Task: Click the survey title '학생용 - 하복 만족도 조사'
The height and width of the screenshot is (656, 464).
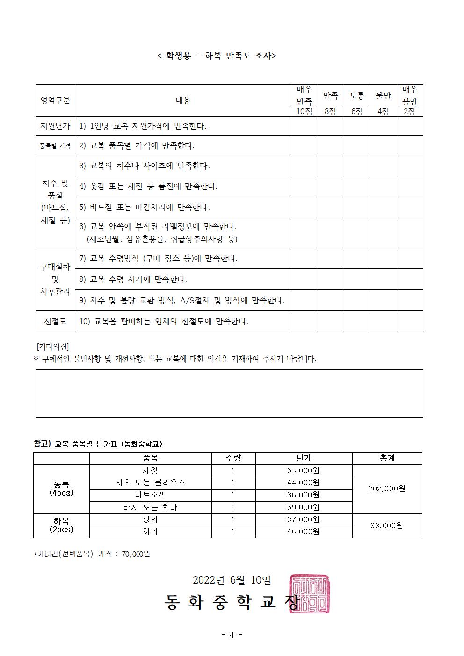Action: (x=217, y=56)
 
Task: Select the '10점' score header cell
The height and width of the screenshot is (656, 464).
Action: (x=304, y=112)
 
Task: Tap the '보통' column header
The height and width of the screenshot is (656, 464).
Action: (x=357, y=95)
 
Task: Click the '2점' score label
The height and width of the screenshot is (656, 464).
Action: (x=410, y=112)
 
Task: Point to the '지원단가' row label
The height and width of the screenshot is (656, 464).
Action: (x=55, y=126)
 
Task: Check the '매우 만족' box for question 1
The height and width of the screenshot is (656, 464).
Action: (x=304, y=126)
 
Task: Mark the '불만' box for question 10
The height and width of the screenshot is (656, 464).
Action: (x=384, y=321)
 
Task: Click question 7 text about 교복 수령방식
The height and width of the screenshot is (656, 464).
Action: (x=159, y=258)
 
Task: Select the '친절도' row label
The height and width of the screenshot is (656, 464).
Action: (x=55, y=321)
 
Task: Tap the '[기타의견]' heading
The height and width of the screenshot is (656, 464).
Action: (x=53, y=346)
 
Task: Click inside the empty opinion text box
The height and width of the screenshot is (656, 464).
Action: (x=229, y=393)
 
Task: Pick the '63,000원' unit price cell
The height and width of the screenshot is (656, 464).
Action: (x=303, y=470)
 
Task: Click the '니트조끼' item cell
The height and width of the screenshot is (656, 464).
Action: (x=150, y=495)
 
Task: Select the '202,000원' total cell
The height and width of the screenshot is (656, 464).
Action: (x=387, y=489)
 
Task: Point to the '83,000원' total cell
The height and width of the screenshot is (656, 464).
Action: (x=387, y=526)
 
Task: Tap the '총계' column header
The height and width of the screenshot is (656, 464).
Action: (x=387, y=458)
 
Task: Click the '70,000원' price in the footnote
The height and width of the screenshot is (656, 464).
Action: (x=136, y=554)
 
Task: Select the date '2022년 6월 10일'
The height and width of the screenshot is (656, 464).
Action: (x=232, y=580)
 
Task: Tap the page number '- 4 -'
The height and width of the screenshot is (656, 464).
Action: (x=232, y=635)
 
